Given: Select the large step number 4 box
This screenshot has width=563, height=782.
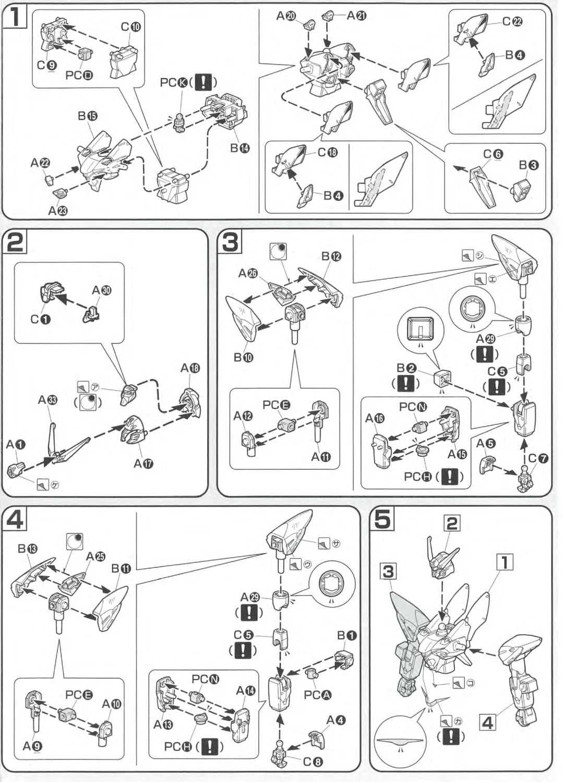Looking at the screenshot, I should tap(15, 520).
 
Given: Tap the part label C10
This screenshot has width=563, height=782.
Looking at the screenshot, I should tap(130, 27).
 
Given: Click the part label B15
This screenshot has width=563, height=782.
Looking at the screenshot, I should tap(87, 116).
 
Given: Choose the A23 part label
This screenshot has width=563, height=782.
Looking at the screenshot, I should tap(57, 210).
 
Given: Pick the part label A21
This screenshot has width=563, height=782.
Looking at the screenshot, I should tap(357, 16).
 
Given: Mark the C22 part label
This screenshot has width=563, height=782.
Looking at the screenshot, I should tap(512, 21).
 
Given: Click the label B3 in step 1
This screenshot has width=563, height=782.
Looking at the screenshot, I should tap(529, 165).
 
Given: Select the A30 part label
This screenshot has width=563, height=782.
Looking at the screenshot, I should tap(102, 290).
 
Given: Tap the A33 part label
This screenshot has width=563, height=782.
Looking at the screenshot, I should tap(47, 400).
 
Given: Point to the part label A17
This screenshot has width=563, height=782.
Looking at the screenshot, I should tap(143, 463).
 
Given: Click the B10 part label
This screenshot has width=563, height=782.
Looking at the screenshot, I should tap(243, 358).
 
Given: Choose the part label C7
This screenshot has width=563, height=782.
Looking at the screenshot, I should tap(538, 458).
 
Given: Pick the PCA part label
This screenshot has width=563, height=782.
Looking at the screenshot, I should tap(317, 695).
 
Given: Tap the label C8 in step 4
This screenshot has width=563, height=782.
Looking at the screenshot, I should tap(313, 762).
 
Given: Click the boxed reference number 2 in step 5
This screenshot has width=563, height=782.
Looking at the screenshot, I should tap(452, 523).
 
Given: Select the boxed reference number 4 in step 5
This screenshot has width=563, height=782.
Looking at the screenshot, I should tap(487, 723).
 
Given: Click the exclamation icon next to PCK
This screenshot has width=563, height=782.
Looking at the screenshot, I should tap(206, 82).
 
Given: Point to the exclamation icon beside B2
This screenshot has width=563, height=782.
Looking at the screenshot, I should tap(405, 383).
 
